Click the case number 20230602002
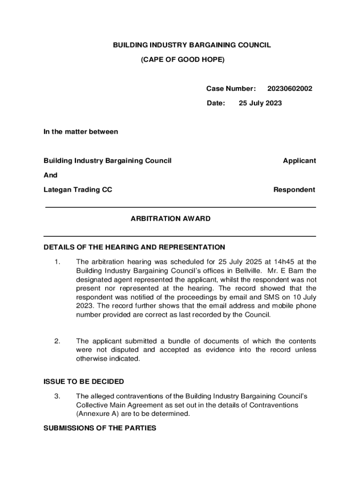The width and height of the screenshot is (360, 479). pos(290,88)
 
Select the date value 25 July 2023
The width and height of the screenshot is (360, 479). pos(260,103)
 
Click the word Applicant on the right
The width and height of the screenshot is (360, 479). pos(299,160)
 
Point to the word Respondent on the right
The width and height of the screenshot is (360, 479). pos(294,189)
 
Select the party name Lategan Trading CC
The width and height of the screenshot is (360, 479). pos(78,189)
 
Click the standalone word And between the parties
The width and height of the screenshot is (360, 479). pos(50,175)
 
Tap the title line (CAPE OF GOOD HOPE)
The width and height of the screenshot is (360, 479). pos(183,59)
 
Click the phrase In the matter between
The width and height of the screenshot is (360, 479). pos(81,131)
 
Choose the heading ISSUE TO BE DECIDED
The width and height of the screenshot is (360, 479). pos(84,381)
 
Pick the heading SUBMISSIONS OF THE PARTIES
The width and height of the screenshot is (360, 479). pos(100,428)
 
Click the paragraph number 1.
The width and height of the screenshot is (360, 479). pos(57,261)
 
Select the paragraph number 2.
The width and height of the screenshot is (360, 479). pos(57,341)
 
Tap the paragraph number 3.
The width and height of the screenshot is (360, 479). pos(57,396)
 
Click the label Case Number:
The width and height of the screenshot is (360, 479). pos(231,88)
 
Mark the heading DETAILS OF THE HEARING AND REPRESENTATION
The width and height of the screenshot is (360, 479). pos(134,247)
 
